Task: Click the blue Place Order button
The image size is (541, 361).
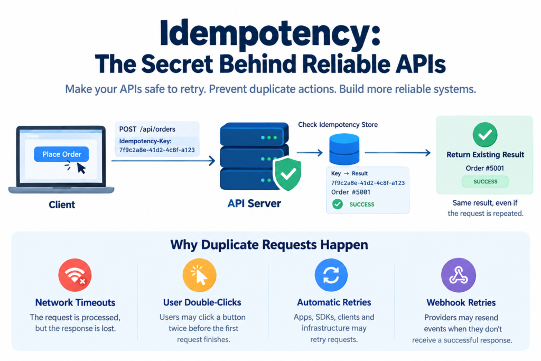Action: tap(61, 154)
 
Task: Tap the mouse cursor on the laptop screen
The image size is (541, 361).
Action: tap(81, 168)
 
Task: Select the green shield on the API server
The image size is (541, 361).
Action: tap(287, 173)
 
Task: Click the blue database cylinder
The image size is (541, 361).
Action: tap(344, 149)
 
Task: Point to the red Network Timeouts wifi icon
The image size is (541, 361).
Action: tap(75, 275)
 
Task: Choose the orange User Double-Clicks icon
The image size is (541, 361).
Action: tap(199, 275)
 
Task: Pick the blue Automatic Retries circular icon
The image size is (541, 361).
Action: tap(331, 275)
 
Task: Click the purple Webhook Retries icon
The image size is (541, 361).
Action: tap(459, 275)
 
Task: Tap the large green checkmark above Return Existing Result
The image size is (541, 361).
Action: tap(485, 134)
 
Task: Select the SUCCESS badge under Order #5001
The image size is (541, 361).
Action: tap(485, 181)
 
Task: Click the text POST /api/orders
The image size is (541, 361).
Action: tap(147, 129)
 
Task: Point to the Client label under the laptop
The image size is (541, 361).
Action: tap(62, 205)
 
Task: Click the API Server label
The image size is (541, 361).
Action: tap(254, 203)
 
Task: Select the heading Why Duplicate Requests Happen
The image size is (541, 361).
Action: tap(269, 245)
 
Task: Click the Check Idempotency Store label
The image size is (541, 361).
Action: tap(338, 125)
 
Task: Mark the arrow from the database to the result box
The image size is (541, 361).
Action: tap(397, 153)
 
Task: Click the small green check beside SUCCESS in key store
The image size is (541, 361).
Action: tap(338, 205)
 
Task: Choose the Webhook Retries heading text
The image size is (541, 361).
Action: tap(461, 303)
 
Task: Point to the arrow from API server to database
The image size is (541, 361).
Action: tap(310, 153)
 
